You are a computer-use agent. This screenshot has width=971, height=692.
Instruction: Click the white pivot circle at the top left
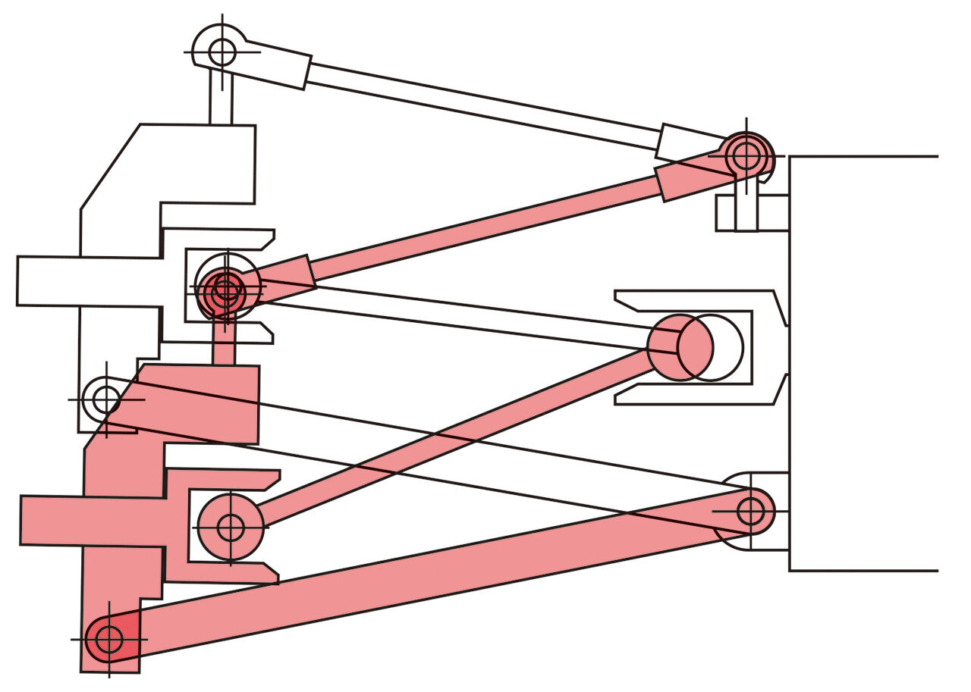222,52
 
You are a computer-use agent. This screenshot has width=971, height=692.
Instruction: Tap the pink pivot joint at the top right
747,155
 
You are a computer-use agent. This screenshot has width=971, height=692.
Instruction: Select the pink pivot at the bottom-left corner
109,639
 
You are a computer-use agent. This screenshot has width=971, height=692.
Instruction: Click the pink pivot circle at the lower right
751,510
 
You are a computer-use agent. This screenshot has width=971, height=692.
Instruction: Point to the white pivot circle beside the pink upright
105,398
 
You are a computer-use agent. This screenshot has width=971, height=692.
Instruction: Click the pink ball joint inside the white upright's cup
225,289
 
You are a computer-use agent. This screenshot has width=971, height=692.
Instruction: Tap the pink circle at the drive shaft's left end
231,527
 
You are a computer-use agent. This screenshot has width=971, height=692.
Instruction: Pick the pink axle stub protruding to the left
50,520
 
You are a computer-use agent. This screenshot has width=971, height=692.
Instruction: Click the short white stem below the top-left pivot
221,102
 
